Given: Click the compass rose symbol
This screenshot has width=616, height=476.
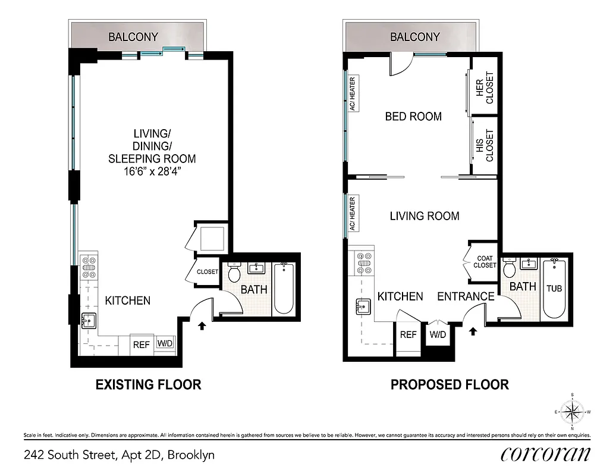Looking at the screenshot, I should point(572,411).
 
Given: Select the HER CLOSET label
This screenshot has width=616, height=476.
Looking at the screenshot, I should point(485,87).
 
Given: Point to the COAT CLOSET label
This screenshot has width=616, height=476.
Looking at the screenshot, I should point(485,262).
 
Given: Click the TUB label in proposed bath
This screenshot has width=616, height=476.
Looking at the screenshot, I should point(554,289).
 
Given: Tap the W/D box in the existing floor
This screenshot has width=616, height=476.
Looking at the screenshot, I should point(165,343).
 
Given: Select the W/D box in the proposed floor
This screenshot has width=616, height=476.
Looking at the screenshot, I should point(437,334).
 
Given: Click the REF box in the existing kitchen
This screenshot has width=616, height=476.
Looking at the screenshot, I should point(141,344).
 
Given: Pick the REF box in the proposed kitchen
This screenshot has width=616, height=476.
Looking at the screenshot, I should point(408,335).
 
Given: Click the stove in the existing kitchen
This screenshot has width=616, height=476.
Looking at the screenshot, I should point(89,267).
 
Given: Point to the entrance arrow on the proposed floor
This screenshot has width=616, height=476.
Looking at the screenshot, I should point(473,331).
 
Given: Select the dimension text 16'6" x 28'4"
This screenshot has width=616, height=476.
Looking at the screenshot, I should point(152,171).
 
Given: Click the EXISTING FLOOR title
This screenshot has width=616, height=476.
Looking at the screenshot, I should point(149,385).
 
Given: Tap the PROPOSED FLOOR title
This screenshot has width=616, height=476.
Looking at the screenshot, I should point(450,385).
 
